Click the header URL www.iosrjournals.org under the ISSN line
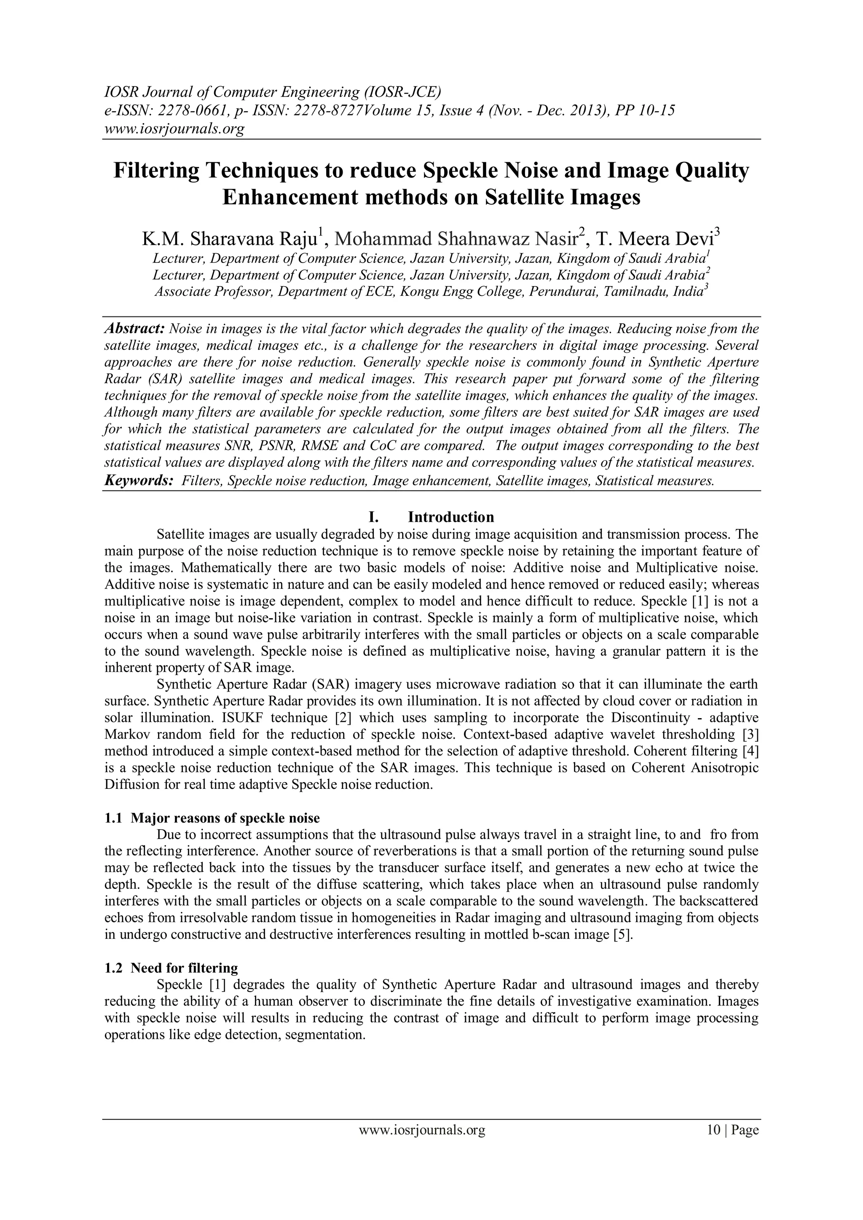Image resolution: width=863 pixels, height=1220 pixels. tap(174, 129)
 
